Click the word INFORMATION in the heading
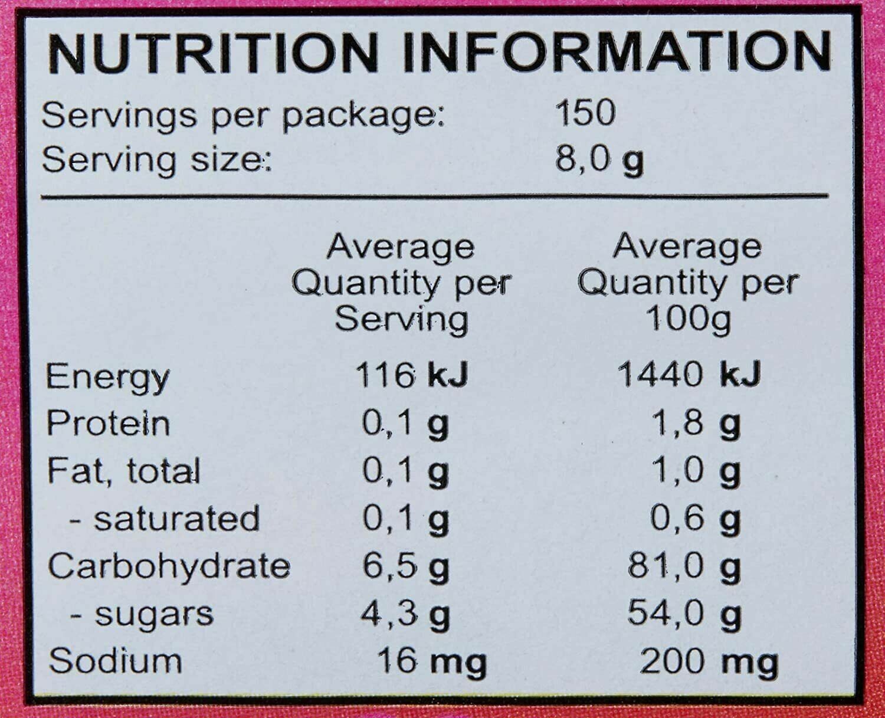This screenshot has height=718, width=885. pos(618,53)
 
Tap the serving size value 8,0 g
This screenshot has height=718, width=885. pos(599,160)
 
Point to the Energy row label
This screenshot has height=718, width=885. pos(107,379)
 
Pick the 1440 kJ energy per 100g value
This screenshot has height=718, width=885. pos(689,375)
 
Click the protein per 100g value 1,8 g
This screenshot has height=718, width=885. pos(697,425)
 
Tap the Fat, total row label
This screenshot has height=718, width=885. pos(123,471)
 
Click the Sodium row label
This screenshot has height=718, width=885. pos(116,661)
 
